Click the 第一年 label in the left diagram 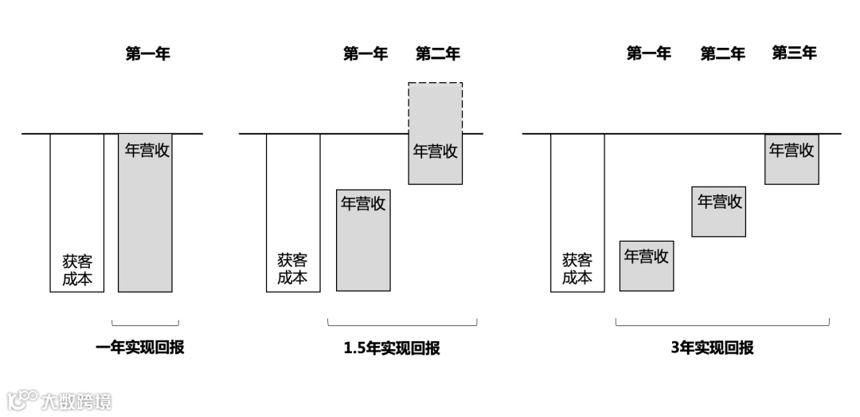147,54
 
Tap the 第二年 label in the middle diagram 437,54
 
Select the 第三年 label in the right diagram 794,53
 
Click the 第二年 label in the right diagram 722,54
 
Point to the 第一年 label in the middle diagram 365,54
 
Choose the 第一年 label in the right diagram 648,53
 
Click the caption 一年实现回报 139,348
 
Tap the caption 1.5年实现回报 392,348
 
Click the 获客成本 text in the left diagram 77,269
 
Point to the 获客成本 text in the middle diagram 292,269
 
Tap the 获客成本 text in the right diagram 577,269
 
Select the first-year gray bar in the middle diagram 363,247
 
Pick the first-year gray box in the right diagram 646,266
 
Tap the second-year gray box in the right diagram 718,211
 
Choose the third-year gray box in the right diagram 792,159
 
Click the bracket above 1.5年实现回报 402,324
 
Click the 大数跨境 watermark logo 60,399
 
